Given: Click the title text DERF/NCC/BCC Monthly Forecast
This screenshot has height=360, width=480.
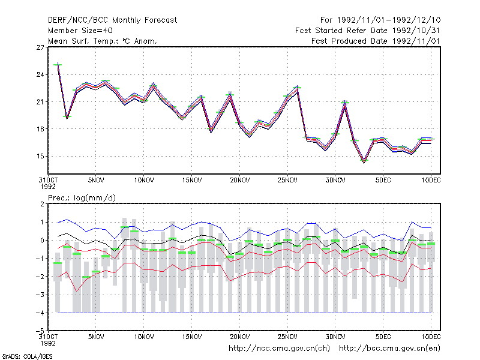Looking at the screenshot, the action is coord(112,20).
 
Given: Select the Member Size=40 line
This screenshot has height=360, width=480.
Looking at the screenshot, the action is coord(80,31).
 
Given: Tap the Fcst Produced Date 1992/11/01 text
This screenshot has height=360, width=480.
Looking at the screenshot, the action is coord(376,41).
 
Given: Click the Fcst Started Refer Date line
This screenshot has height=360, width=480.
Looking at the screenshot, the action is coord(368,31).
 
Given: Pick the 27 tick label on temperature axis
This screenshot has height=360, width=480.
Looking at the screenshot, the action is coord(40,47).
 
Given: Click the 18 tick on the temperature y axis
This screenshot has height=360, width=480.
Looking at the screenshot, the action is coord(40,129).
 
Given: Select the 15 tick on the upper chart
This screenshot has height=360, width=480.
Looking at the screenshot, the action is coord(40,156).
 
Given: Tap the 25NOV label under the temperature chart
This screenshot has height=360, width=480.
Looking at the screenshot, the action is coord(287,181).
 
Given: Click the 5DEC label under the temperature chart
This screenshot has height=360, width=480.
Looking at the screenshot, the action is coord(383,181).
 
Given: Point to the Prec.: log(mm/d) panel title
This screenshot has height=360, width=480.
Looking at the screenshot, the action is coord(82,198).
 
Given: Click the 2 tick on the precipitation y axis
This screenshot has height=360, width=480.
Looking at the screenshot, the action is coord(42,204).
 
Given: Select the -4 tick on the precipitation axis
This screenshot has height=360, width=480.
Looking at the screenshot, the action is coord(40,313).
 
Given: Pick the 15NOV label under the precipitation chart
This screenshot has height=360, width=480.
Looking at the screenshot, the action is coord(192,337).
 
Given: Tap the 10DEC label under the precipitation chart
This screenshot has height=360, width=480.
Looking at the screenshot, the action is coord(431,337).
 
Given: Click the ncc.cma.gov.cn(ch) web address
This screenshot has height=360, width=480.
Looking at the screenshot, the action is coord(279,349).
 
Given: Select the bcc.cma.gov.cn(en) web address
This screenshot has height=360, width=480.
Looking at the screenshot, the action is coord(389,349).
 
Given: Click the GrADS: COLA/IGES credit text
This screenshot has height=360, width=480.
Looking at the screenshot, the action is coord(28,356).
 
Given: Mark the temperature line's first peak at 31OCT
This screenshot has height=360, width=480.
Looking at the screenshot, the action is coord(58,63).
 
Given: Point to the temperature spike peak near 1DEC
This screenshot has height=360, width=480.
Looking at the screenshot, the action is coord(344,101).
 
